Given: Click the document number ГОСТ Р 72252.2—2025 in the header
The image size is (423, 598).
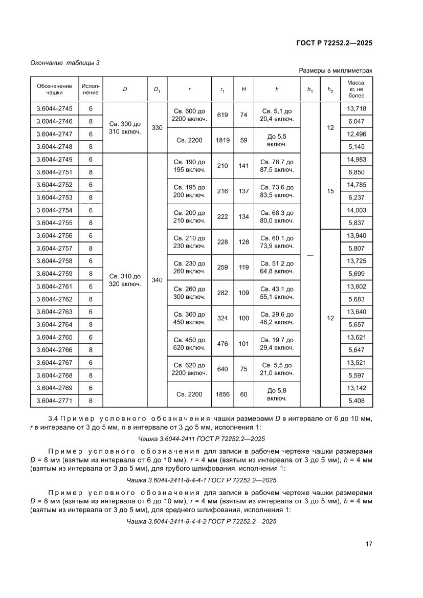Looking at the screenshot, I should point(334,43).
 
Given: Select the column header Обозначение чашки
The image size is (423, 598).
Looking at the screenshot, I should point(54,90).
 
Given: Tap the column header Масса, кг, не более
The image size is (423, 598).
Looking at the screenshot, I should point(356,89).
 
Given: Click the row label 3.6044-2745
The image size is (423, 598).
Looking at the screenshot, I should point(54,108).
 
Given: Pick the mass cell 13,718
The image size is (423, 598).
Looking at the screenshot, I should point(356,108).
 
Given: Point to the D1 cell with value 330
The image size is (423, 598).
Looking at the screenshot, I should point(157,127).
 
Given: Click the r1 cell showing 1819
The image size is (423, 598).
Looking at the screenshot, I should point(222,140).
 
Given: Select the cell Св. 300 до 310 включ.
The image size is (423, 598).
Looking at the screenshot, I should point(125,127).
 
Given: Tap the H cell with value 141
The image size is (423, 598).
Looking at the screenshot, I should point(243,166).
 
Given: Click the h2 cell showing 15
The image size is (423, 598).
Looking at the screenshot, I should point(330,191).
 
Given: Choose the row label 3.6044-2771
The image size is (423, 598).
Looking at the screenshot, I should point(54,401).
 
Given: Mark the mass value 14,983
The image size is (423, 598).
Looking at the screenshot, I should point(356,159).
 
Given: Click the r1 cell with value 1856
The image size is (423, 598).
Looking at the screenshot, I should point(222,394).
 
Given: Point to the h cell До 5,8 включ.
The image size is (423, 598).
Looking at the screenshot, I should point(277,394).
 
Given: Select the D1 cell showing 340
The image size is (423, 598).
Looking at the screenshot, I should point(157,280).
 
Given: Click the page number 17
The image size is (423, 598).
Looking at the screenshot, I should point(368,543).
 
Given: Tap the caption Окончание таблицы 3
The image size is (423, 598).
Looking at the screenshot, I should point(65,63).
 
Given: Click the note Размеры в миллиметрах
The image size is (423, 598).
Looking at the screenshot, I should point(336,71).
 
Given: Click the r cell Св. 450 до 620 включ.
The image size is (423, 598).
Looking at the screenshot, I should point(189,344).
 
